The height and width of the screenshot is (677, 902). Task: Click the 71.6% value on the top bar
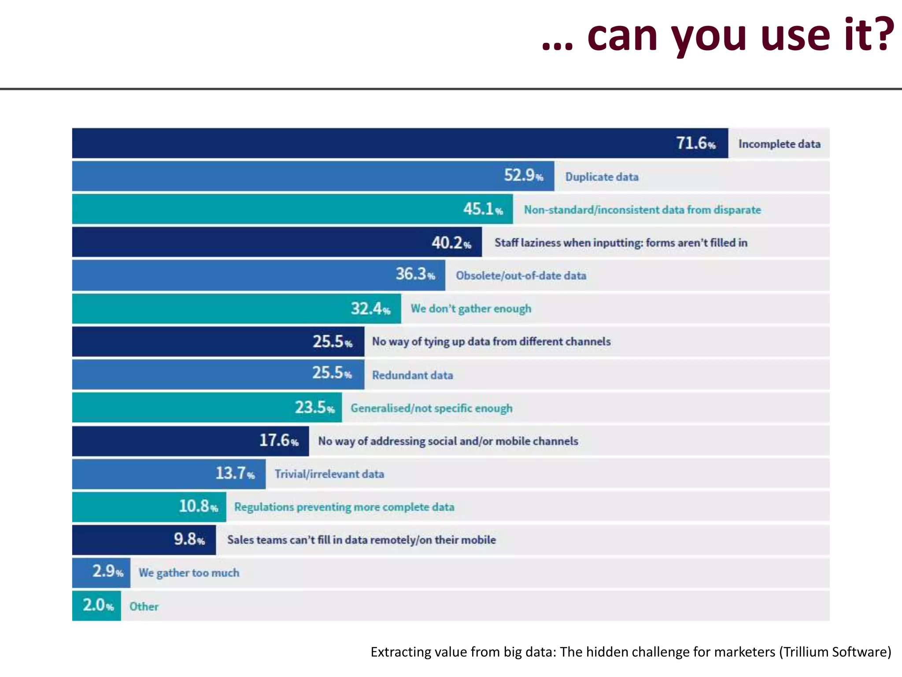(x=695, y=143)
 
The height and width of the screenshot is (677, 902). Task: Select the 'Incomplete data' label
(x=779, y=144)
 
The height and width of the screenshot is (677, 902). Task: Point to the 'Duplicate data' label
(x=602, y=177)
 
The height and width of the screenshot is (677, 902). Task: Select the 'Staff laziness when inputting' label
(x=621, y=243)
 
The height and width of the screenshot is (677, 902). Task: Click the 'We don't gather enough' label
(x=471, y=309)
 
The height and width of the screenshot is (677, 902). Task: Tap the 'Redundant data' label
(x=412, y=375)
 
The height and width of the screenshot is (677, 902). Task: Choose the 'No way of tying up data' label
(x=491, y=342)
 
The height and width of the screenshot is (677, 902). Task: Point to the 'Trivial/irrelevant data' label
(x=329, y=474)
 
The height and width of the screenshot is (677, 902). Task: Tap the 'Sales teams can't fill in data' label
(x=361, y=540)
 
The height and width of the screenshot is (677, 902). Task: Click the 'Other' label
(x=144, y=606)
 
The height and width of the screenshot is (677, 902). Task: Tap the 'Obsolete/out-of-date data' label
(x=521, y=276)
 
